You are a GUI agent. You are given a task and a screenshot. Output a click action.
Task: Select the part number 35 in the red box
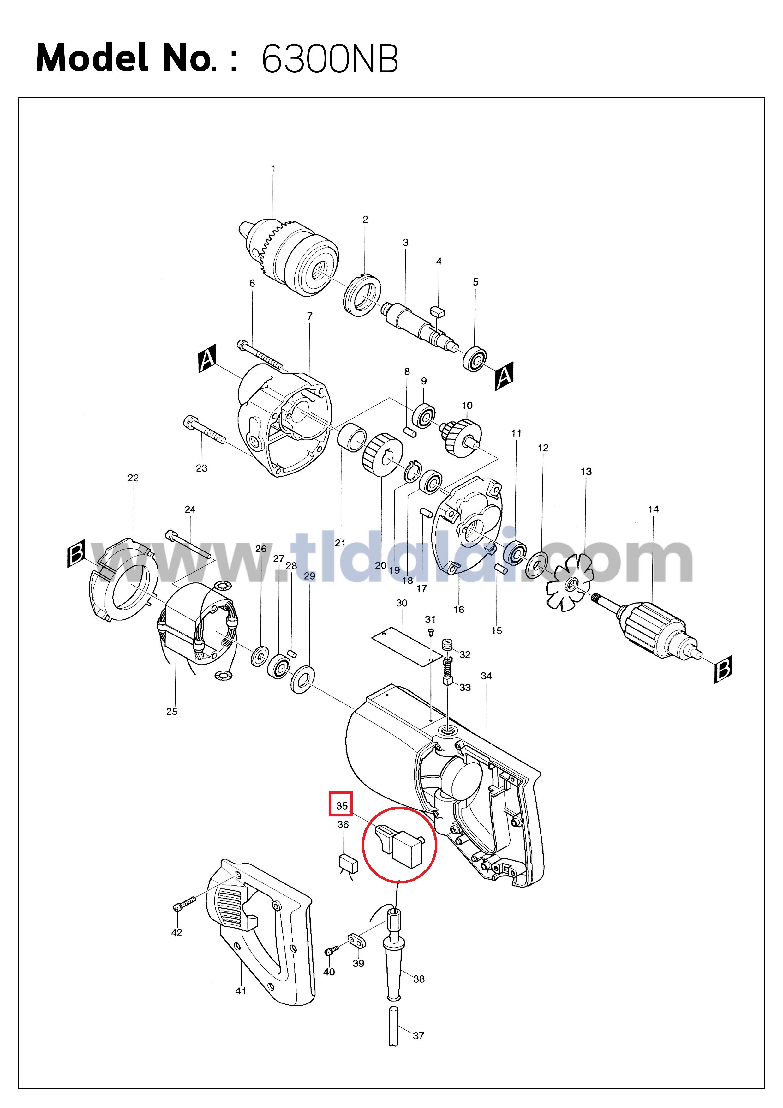point(342,805)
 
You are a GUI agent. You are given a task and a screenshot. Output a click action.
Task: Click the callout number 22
point(133,478)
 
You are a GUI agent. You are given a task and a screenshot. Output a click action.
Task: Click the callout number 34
point(486,676)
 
